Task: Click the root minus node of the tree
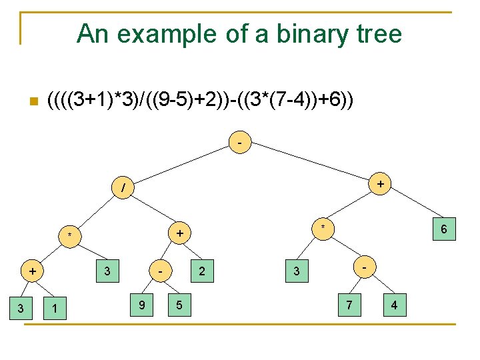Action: (x=240, y=143)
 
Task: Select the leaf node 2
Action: (x=202, y=271)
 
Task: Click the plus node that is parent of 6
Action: (x=379, y=183)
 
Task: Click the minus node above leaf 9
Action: (x=161, y=272)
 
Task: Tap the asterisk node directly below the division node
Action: (x=69, y=235)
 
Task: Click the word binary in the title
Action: (x=295, y=33)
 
